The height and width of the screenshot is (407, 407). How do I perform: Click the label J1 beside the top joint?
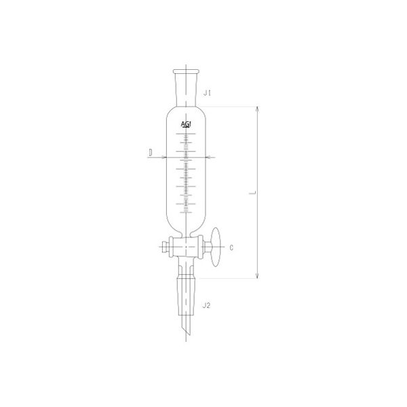[209, 96]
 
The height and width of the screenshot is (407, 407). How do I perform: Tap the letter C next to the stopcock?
[232, 248]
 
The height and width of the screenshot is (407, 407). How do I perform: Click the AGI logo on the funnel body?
[186, 125]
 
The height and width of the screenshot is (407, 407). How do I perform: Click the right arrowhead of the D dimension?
[208, 157]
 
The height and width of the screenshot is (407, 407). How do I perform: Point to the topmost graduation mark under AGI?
[186, 134]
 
